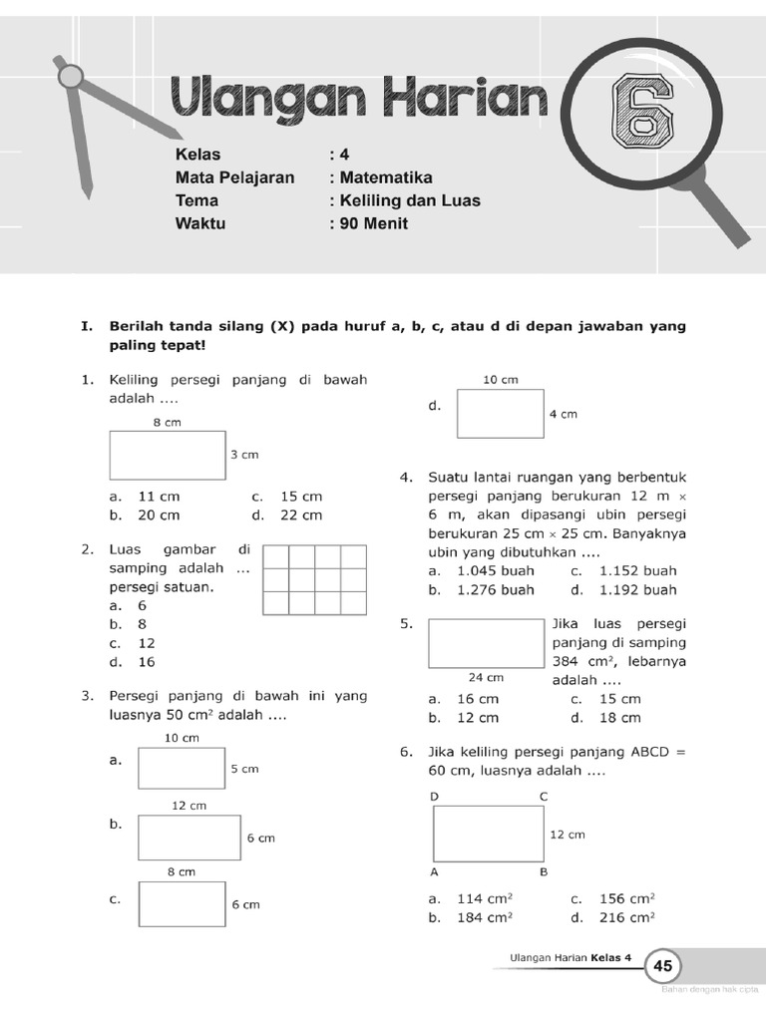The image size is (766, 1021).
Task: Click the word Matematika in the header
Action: click(x=386, y=177)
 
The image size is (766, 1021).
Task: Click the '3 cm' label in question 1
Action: click(x=244, y=455)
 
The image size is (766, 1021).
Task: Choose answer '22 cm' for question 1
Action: click(x=300, y=514)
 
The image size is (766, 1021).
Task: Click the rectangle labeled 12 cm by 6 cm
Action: click(x=190, y=838)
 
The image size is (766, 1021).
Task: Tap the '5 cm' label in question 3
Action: click(x=244, y=769)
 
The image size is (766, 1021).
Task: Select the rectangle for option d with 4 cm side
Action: click(x=500, y=414)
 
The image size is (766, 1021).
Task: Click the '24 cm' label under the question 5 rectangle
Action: click(x=485, y=678)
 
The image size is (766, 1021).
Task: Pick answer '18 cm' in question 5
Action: click(x=618, y=718)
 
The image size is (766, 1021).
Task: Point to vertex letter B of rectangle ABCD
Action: click(x=544, y=871)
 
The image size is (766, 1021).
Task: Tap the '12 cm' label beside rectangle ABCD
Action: click(x=568, y=835)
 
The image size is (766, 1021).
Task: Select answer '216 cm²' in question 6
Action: click(x=626, y=917)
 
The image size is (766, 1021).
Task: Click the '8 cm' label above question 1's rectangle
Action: click(x=167, y=423)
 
